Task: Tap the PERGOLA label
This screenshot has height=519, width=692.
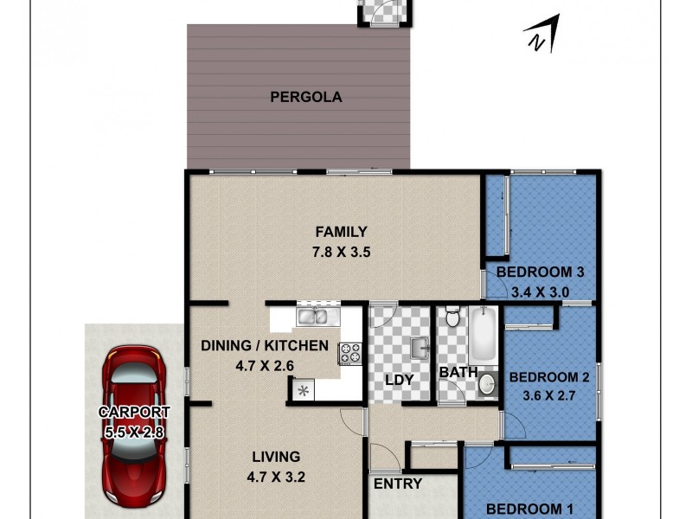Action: [x=305, y=97]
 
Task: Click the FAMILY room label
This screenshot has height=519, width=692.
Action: [x=341, y=232]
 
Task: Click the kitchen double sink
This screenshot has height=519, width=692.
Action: [x=311, y=317]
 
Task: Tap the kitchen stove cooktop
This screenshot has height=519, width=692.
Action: [x=349, y=352]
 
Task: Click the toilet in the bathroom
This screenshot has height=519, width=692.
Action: [x=451, y=318]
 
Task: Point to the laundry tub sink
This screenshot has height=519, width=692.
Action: [x=419, y=348]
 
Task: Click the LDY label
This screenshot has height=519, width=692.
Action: [x=399, y=380]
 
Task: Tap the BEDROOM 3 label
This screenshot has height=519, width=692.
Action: [x=540, y=272]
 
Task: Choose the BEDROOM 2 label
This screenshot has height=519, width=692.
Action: [x=549, y=377]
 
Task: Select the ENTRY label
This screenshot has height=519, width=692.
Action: [x=397, y=484]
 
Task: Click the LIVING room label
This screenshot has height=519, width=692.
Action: [x=276, y=457]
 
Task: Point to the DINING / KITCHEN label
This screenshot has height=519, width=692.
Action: [x=265, y=346]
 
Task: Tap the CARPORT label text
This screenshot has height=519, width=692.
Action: [x=133, y=413]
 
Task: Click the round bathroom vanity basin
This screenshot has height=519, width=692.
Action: [x=487, y=382]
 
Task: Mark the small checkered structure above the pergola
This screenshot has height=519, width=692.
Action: [x=383, y=12]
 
